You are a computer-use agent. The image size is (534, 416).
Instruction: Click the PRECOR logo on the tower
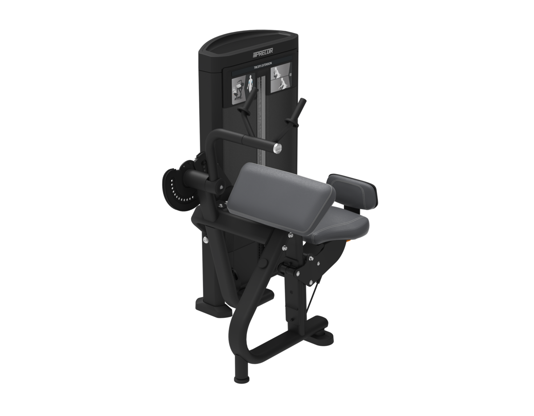(x=263, y=52)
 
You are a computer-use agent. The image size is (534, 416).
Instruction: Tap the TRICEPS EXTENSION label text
(x=263, y=66)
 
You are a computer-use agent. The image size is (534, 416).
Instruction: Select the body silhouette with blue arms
(x=250, y=84)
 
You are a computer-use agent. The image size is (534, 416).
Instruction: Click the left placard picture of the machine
(x=239, y=90)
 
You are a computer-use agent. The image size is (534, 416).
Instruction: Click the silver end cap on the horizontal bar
(x=277, y=148)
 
